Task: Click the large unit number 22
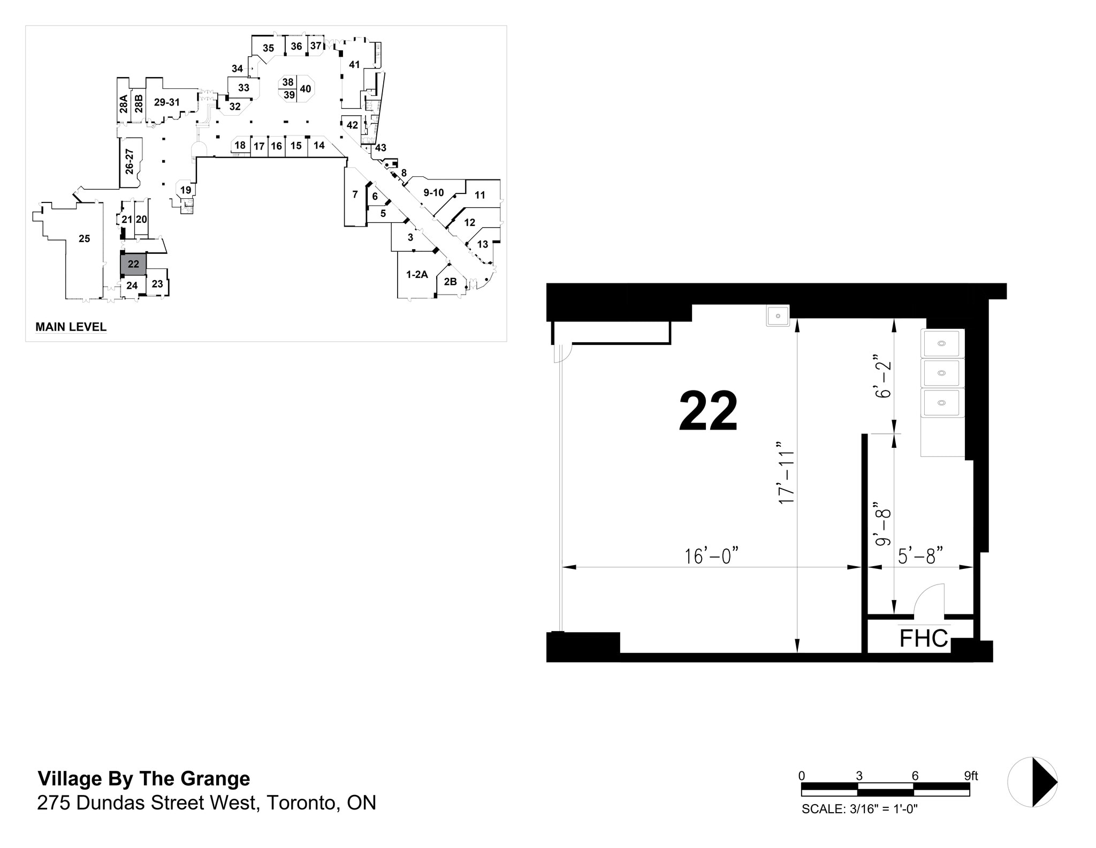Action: [x=708, y=411]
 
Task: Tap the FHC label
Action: [x=923, y=639]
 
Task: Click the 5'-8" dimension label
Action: [x=920, y=556]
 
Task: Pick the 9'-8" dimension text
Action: [x=882, y=524]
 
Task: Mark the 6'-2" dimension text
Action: [x=882, y=376]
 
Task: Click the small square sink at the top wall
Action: [x=778, y=316]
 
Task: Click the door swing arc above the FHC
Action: [x=928, y=598]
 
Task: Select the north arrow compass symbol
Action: [x=1032, y=782]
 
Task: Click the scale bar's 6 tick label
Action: [x=915, y=775]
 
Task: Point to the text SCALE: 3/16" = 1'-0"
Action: [x=859, y=809]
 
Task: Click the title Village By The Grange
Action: [x=143, y=778]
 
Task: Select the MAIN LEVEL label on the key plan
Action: [x=71, y=327]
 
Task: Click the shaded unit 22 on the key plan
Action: [x=133, y=264]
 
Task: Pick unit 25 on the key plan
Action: [x=84, y=239]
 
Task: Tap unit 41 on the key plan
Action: [x=354, y=65]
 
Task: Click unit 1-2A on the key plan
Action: [x=417, y=275]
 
